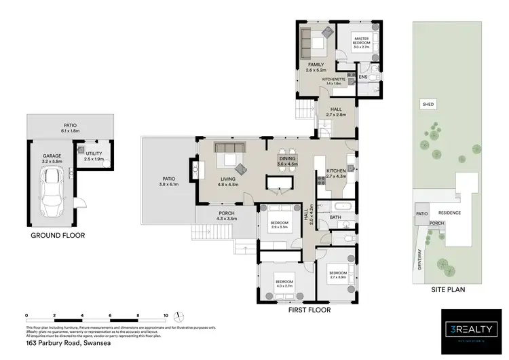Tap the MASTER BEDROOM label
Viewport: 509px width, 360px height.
pyautogui.click(x=360, y=41)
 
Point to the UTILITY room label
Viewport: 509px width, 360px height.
pyautogui.click(x=94, y=154)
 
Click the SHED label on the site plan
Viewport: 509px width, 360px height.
pyautogui.click(x=428, y=105)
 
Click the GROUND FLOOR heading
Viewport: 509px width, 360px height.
pyautogui.click(x=58, y=236)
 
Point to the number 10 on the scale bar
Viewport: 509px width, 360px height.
pyautogui.click(x=166, y=315)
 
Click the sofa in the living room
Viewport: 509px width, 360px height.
pyautogui.click(x=230, y=148)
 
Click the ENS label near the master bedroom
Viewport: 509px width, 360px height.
pyautogui.click(x=362, y=77)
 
